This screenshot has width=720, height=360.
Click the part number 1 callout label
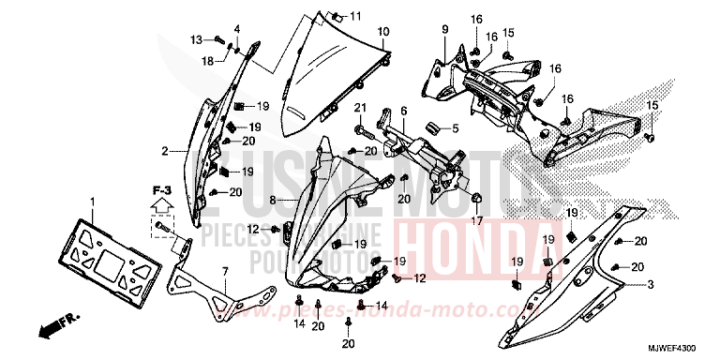(93, 202)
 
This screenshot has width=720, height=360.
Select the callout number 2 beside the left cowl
(164, 150)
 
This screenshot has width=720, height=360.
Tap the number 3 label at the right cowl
(652, 284)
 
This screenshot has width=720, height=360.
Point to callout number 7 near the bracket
(225, 272)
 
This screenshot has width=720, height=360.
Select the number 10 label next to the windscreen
(382, 33)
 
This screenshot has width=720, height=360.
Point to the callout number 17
(476, 222)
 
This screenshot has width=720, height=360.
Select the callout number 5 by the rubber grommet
(456, 129)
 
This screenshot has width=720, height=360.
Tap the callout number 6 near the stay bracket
(403, 111)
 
